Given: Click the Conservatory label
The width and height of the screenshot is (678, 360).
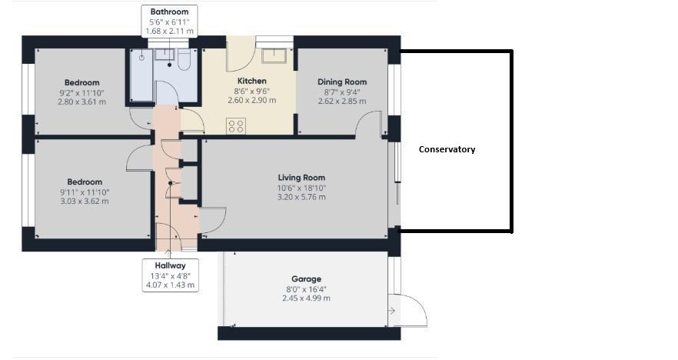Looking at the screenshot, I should pos(447,149).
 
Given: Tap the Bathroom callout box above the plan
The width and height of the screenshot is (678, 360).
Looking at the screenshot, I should pos(170,22).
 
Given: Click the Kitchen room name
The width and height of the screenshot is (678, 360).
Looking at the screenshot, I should pos(251,81).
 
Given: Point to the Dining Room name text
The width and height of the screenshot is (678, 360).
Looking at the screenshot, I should pos(342,82).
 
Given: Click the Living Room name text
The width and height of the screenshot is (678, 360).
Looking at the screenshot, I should pos(301,177).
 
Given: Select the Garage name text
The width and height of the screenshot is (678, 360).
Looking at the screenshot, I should pos(306,278).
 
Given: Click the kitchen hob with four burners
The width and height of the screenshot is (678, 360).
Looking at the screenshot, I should pos(236,126).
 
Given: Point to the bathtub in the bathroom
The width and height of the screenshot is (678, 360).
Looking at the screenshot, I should pos(141,75).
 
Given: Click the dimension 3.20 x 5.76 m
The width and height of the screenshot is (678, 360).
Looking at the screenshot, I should pos(301,197).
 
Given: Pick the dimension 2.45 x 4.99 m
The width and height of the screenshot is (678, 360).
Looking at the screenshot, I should pos(306,298).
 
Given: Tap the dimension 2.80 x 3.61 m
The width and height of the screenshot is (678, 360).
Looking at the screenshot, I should pos(81,102).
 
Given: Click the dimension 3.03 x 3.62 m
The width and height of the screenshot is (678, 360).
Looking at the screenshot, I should pos(85,202).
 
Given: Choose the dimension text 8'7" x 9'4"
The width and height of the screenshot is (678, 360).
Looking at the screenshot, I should pos(342,92).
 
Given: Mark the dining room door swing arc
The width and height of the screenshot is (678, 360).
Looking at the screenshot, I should pos(371,123).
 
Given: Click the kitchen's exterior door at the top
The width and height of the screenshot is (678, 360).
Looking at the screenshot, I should pos(240,55).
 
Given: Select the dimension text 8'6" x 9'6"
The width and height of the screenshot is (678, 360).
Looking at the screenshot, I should pos(251,91).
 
